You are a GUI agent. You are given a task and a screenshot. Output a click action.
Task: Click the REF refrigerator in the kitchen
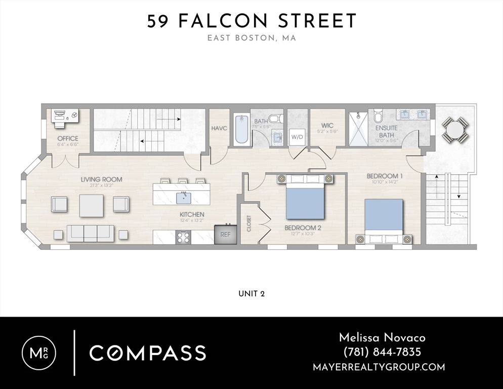pyautogui.click(x=226, y=234)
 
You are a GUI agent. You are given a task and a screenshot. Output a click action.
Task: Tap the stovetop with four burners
pyautogui.click(x=183, y=238)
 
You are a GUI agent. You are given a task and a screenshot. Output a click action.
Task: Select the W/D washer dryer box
pyautogui.click(x=297, y=137)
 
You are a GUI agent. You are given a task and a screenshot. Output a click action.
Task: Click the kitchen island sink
pyautogui.click(x=184, y=198)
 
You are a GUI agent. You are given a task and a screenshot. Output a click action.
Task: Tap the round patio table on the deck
pyautogui.click(x=455, y=130)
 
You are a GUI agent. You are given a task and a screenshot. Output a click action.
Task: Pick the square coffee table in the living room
pyautogui.click(x=92, y=206)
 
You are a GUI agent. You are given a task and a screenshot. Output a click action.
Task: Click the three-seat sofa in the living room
pyautogui.click(x=90, y=233)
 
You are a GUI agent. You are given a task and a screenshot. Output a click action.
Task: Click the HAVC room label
pyautogui.click(x=219, y=128)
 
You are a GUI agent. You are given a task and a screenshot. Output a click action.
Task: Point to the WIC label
pyautogui.click(x=327, y=125)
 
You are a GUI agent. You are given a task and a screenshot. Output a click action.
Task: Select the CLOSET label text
pyautogui.click(x=249, y=223)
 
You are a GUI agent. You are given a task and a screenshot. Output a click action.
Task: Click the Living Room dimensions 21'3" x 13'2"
pyautogui.click(x=101, y=185)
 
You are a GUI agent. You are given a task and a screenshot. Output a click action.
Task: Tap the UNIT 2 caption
pyautogui.click(x=252, y=294)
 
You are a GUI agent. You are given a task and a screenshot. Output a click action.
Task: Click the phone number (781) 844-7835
pyautogui.click(x=382, y=352)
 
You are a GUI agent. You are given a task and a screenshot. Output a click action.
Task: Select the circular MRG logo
pyautogui.click(x=39, y=353)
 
